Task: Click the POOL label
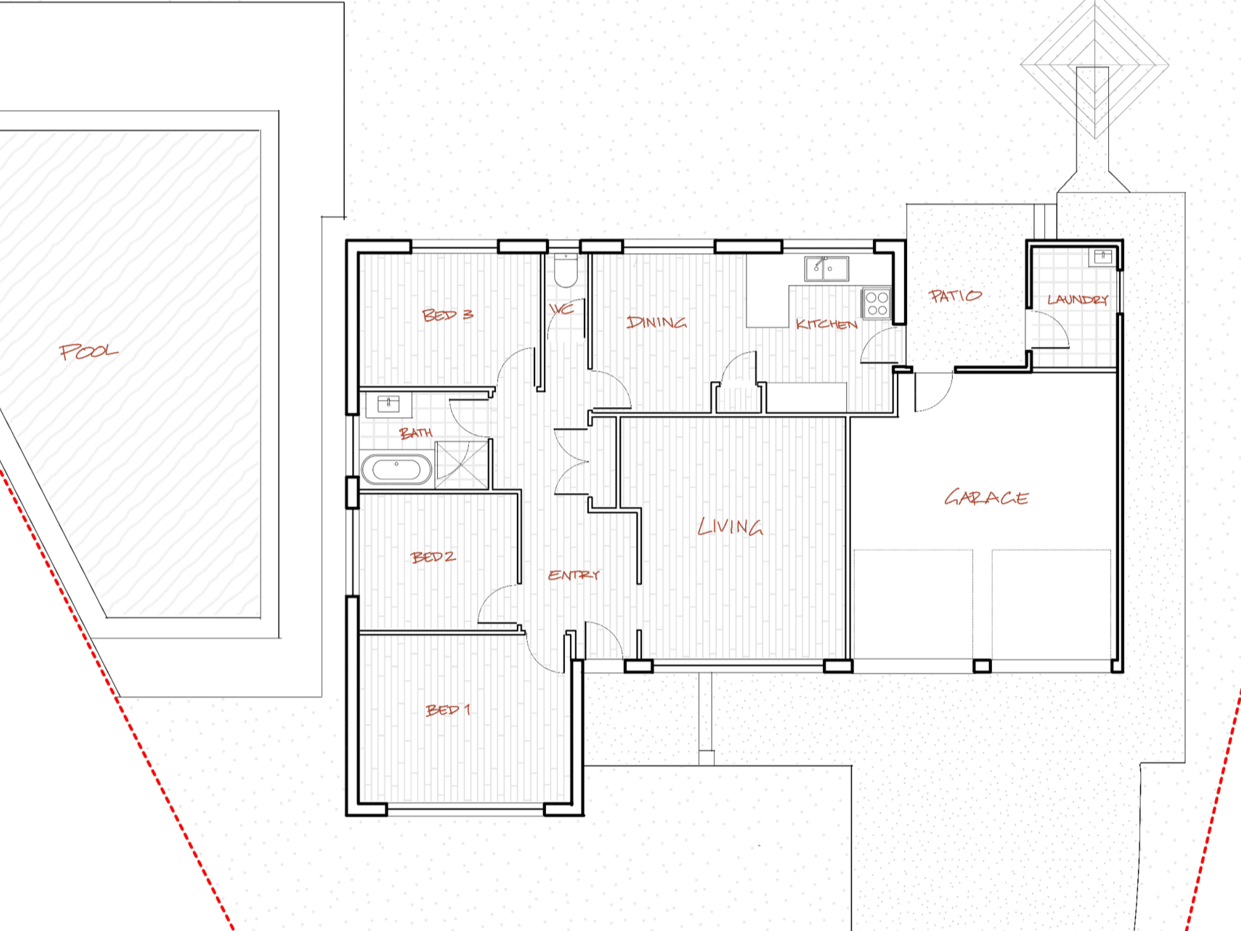click(89, 351)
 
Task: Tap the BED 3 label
click(447, 315)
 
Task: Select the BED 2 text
click(433, 557)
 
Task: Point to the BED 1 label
click(448, 710)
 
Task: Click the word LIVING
click(730, 527)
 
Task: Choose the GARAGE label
click(986, 497)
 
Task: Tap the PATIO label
click(955, 296)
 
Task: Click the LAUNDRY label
click(1077, 299)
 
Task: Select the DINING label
click(657, 323)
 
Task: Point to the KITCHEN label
click(826, 325)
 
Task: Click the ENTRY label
click(574, 575)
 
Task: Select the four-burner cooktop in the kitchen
click(877, 303)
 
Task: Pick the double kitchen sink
click(826, 268)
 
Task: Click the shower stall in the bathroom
click(462, 465)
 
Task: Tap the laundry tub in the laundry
click(1103, 256)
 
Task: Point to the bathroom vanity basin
click(388, 404)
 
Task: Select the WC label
click(561, 309)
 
